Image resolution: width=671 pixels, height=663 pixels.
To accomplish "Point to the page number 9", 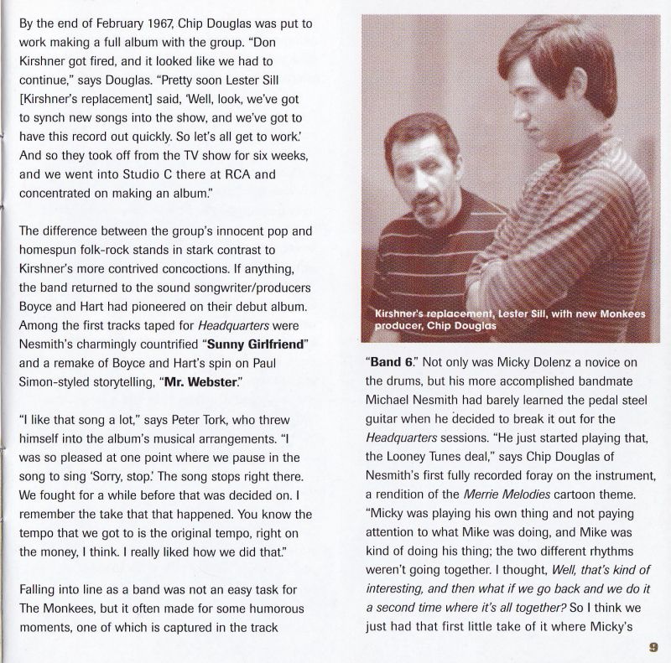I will (x=653, y=645).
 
